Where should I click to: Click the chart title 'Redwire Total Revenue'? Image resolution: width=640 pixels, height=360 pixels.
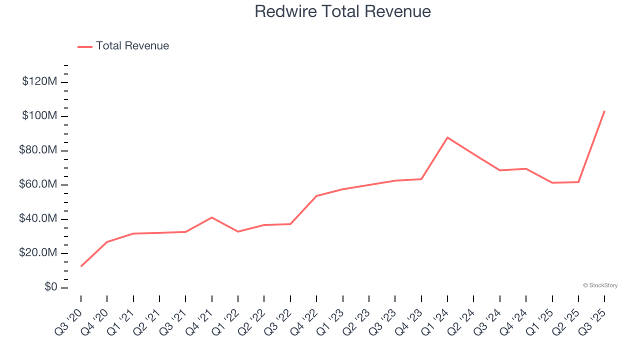point(342,11)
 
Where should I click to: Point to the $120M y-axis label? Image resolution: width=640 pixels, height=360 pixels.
point(39,81)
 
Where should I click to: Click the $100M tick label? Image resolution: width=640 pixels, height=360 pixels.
point(39,116)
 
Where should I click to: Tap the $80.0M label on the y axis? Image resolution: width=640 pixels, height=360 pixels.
point(38,150)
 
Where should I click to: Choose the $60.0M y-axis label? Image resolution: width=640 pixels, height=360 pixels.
point(38,184)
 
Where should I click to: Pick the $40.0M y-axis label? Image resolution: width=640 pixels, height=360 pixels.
point(38,219)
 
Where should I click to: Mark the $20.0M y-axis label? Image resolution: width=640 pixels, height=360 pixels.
point(38,253)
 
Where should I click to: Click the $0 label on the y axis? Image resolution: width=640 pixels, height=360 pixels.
point(51,287)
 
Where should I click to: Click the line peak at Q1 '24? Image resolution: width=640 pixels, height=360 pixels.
point(447,137)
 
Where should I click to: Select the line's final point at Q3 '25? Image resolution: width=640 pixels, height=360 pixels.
point(604,111)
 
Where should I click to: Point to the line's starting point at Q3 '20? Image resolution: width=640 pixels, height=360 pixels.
point(81,266)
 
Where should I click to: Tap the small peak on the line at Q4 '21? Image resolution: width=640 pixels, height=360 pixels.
point(212,217)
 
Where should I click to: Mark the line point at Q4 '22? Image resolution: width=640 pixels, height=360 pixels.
point(316,196)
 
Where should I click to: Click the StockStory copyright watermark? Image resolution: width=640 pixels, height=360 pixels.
point(600,285)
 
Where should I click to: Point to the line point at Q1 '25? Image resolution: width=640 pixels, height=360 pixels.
point(552,182)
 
